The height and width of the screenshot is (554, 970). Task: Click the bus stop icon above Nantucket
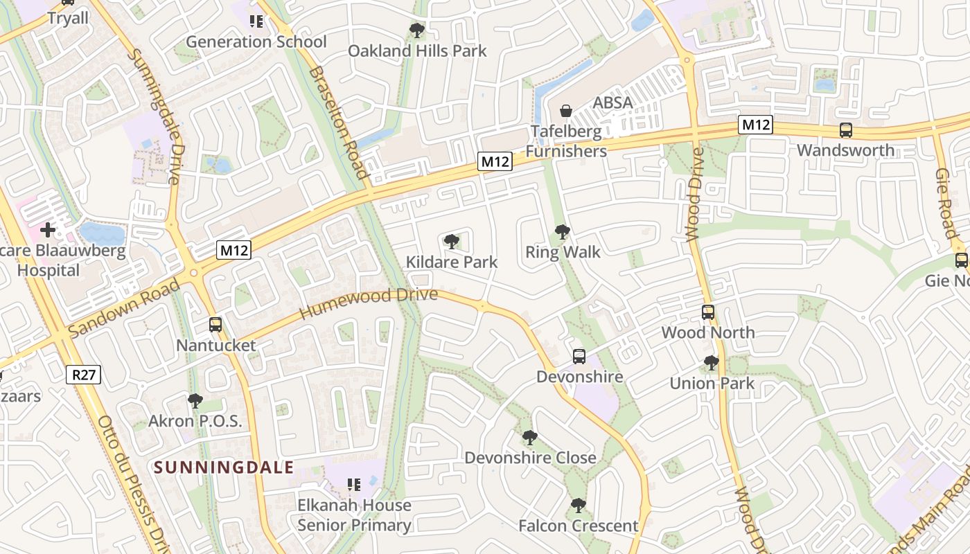point(215,324)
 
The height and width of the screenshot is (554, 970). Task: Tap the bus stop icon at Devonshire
point(579,357)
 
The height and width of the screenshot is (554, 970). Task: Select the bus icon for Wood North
point(707,312)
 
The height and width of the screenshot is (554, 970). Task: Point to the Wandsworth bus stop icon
point(845,129)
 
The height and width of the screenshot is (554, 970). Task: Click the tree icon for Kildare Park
point(452,242)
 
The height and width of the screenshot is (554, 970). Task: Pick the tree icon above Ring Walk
point(563,232)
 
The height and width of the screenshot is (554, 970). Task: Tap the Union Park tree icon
point(711,363)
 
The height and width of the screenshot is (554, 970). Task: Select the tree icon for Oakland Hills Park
point(416,30)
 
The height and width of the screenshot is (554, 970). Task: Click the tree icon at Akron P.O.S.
point(195,401)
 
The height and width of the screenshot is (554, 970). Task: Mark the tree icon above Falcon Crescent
point(579,506)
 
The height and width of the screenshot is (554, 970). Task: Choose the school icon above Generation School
point(256,21)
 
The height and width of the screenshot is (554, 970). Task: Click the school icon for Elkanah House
point(354,485)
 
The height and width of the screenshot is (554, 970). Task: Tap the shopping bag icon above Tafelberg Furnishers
point(566,111)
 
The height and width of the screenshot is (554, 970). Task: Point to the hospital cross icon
point(48,229)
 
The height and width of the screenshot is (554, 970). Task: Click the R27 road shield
point(84,375)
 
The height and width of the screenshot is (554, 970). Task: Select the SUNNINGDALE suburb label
point(224,467)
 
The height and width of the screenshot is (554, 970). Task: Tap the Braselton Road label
point(337,123)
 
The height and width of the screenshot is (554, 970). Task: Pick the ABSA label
point(612,102)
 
